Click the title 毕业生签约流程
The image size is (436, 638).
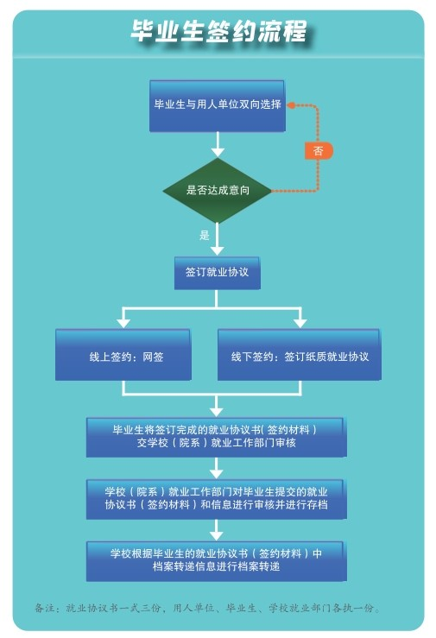pyautogui.click(x=218, y=31)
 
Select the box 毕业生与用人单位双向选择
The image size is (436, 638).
pyautogui.click(x=218, y=106)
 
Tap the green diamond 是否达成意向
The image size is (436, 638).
pyautogui.click(x=218, y=191)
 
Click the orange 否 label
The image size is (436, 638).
pyautogui.click(x=319, y=151)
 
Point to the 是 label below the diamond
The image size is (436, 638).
pyautogui.click(x=204, y=235)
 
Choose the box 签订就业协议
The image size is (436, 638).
pyautogui.click(x=218, y=273)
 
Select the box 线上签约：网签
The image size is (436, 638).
pyautogui.click(x=123, y=355)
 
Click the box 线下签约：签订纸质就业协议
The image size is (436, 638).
pyautogui.click(x=300, y=355)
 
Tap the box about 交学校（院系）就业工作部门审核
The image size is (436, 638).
pyautogui.click(x=216, y=438)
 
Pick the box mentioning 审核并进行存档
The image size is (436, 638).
pyautogui.click(x=216, y=499)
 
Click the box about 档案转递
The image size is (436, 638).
pyautogui.click(x=216, y=561)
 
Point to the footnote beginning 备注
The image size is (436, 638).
pyautogui.click(x=207, y=608)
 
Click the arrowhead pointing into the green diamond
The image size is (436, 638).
pyautogui.click(x=218, y=152)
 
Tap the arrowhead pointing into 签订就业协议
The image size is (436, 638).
pyautogui.click(x=218, y=250)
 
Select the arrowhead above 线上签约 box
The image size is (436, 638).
pyautogui.click(x=123, y=323)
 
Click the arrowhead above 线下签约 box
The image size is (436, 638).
pyautogui.click(x=300, y=323)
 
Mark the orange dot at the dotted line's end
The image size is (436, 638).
pyautogui.click(x=291, y=105)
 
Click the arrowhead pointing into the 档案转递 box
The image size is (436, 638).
pyautogui.click(x=216, y=535)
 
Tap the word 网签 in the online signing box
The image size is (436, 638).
pyautogui.click(x=153, y=357)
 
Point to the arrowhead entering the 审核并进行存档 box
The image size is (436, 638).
pyautogui.click(x=216, y=474)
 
